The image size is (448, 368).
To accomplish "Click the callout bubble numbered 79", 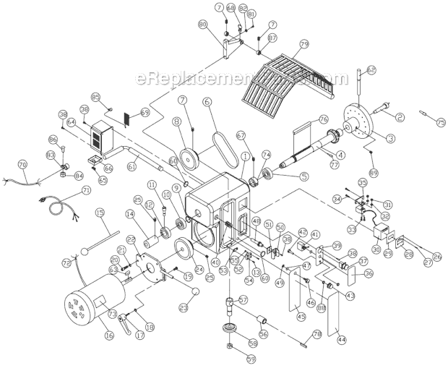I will point(303,44).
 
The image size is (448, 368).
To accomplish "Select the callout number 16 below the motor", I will point(110,335).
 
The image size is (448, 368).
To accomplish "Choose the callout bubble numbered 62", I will point(371,70).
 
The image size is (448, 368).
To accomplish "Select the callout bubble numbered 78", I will point(316,333).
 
